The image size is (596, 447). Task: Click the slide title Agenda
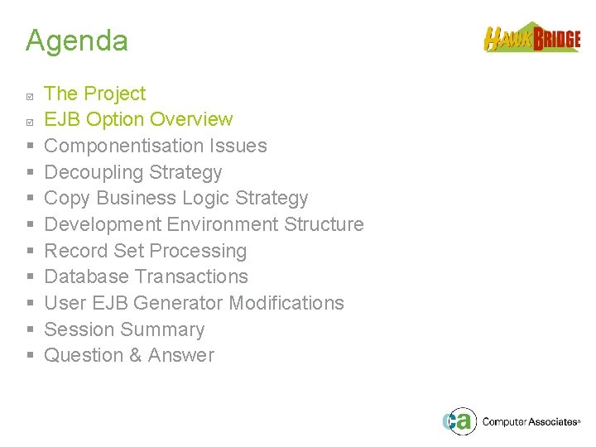click(x=76, y=41)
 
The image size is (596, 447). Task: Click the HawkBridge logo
click(x=531, y=38)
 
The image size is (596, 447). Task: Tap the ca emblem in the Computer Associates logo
click(x=458, y=421)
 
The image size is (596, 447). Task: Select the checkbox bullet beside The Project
click(x=30, y=95)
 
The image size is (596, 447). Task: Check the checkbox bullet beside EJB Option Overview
click(x=30, y=121)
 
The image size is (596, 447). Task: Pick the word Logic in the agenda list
click(x=206, y=199)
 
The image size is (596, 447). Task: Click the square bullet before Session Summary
click(x=30, y=330)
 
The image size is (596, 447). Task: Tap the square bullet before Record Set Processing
click(x=30, y=252)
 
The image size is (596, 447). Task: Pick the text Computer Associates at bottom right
click(x=529, y=422)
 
